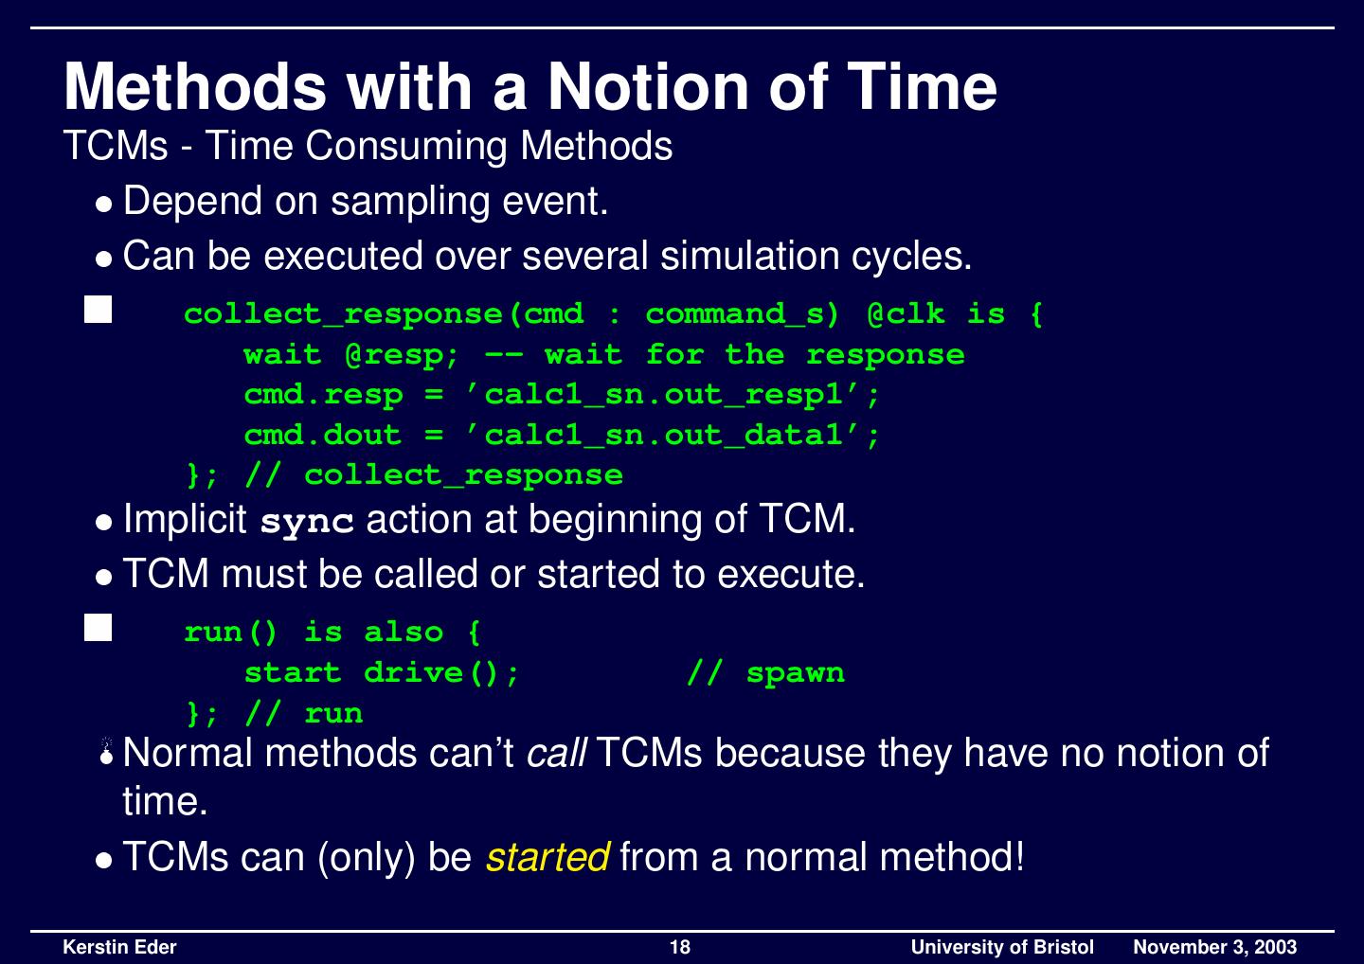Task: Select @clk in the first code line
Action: pos(906,314)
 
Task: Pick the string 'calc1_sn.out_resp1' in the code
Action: pos(673,395)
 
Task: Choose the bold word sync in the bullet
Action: pos(307,521)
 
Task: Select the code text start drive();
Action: pos(382,673)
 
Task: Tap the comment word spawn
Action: pos(795,673)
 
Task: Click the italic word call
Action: pos(556,754)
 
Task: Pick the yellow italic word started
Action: pos(547,857)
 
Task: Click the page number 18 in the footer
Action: pos(680,947)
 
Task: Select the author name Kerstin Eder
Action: pos(119,947)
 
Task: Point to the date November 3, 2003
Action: pos(1214,947)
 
